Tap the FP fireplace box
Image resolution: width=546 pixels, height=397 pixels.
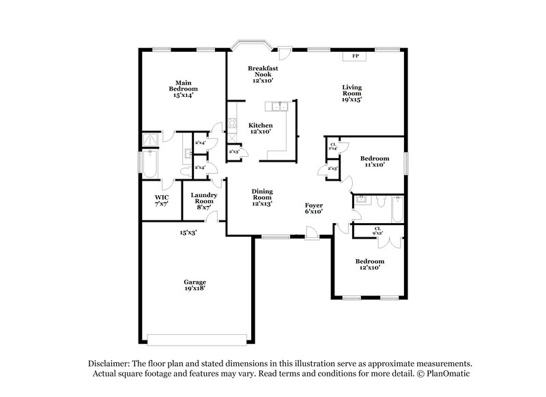355,56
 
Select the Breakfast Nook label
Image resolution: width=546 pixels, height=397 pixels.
263,74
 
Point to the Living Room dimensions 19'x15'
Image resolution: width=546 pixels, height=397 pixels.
352,100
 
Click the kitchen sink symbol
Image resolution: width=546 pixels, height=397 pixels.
278,106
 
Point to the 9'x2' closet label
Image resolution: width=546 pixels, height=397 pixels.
377,231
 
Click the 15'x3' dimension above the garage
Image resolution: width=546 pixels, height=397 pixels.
188,233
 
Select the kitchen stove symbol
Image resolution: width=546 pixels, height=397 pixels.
232,125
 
